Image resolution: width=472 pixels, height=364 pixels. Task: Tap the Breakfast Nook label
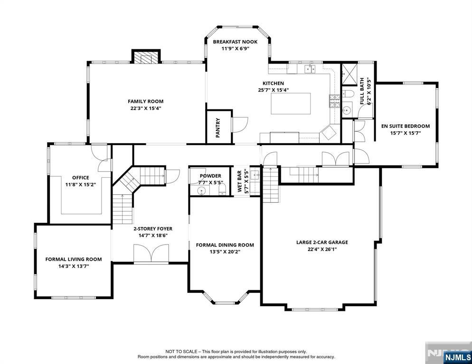[x=235, y=42]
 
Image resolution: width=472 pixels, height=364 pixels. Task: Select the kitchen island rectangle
[x=291, y=103]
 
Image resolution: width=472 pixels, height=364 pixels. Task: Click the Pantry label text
[x=218, y=127]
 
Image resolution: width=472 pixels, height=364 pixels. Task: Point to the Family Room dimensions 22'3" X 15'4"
[x=145, y=108]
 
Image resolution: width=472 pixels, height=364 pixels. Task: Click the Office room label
[x=80, y=178]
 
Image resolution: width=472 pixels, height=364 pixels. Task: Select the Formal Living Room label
[x=74, y=259]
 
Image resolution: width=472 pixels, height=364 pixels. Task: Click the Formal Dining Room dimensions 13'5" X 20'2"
[x=225, y=252]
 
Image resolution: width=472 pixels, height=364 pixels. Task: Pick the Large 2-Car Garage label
[x=322, y=242]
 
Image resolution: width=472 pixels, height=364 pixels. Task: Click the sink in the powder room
[x=201, y=191]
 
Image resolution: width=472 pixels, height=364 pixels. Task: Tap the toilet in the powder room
[x=221, y=190]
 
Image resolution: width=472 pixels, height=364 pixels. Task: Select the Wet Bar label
[x=240, y=181]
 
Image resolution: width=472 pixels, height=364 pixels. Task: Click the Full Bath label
[x=362, y=91]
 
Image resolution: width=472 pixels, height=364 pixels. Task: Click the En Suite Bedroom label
[x=406, y=126]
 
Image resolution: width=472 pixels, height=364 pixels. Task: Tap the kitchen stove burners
[x=333, y=99]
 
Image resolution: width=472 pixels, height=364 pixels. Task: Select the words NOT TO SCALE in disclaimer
[x=181, y=352]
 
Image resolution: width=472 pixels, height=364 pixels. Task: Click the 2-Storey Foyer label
[x=153, y=228]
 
